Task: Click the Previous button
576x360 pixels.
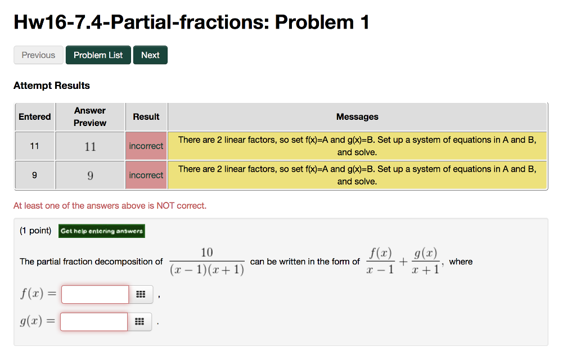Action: (x=38, y=55)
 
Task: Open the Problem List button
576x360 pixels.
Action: (x=98, y=55)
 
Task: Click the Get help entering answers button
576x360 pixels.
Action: (x=102, y=231)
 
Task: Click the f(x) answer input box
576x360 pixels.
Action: (x=95, y=294)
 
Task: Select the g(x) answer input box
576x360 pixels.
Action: (x=94, y=322)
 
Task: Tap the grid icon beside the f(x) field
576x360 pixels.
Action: (x=141, y=294)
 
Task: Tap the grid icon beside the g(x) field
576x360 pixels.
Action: (x=140, y=322)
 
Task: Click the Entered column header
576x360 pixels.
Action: (x=35, y=116)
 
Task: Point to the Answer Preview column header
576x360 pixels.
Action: (x=90, y=116)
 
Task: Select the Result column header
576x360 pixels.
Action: (x=146, y=116)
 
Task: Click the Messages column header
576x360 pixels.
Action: (x=357, y=116)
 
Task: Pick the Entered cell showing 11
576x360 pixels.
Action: (x=35, y=146)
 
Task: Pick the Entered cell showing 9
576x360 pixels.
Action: (x=35, y=175)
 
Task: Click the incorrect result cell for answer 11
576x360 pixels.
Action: (x=146, y=146)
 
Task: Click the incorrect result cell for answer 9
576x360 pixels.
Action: (x=146, y=175)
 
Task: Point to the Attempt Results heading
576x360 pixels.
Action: (x=52, y=85)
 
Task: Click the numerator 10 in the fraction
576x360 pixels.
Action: (x=207, y=253)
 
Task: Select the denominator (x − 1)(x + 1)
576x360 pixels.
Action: (x=207, y=271)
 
